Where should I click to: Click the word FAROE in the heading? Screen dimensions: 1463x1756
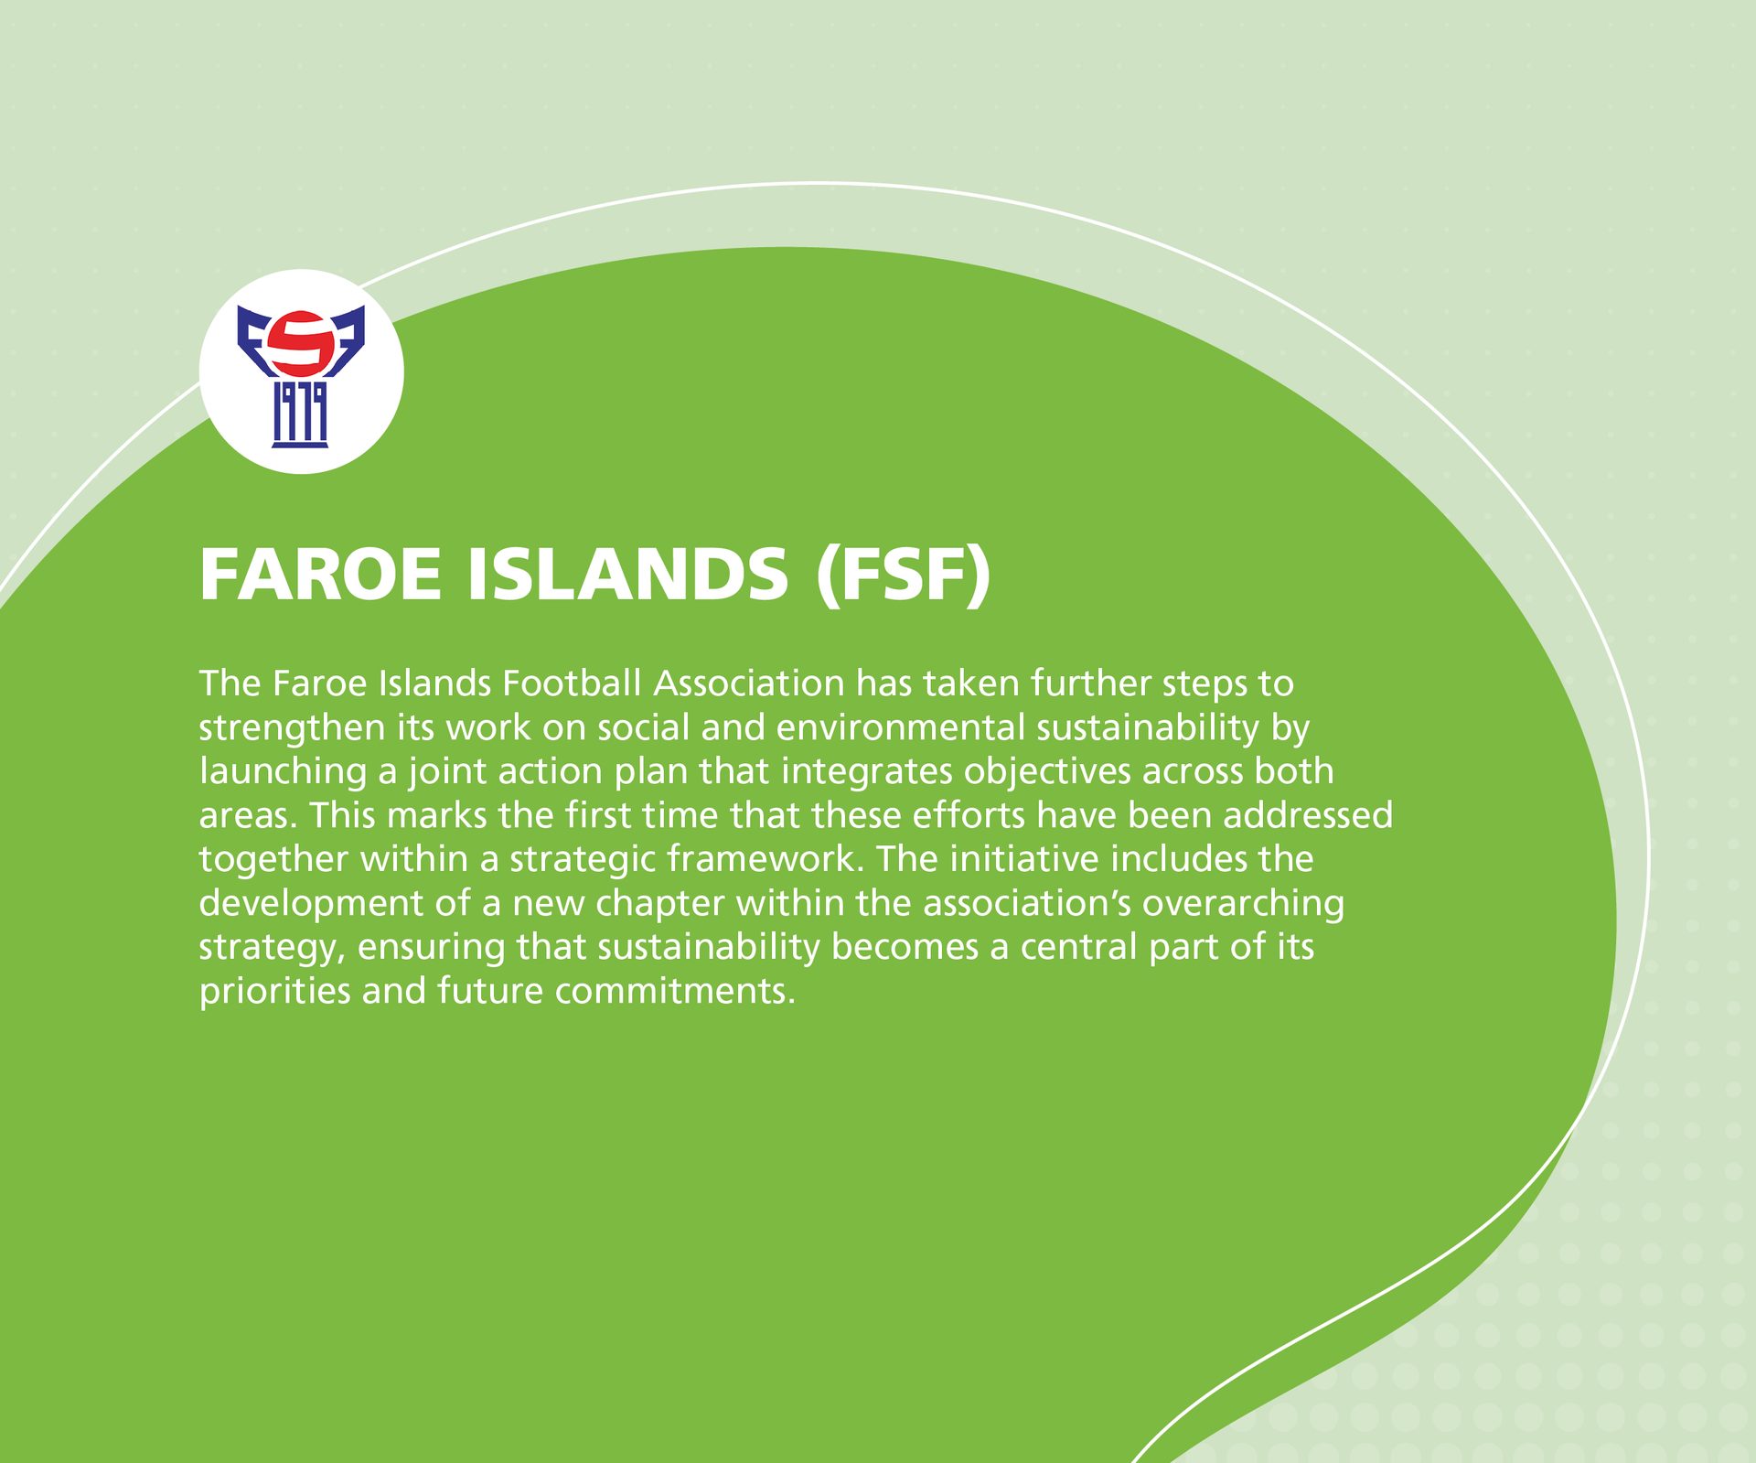tap(319, 575)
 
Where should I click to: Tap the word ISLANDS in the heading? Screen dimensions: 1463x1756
tap(627, 575)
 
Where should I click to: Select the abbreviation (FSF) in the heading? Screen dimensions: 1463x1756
tap(904, 575)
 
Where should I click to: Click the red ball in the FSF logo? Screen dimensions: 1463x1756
tap(301, 343)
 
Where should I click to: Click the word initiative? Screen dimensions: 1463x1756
tap(1023, 859)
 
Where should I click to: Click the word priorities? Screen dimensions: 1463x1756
tap(274, 991)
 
